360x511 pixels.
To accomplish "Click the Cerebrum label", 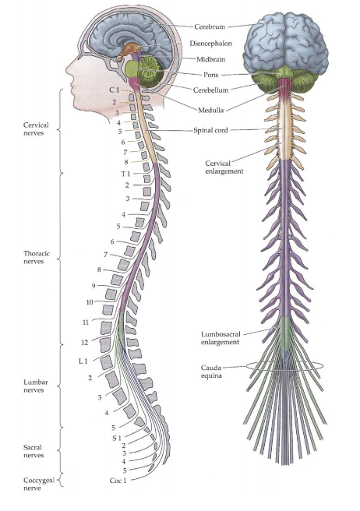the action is pyautogui.click(x=210, y=26).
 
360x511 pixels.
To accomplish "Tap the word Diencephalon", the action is pyautogui.click(x=210, y=44).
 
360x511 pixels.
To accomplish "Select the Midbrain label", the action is pyautogui.click(x=210, y=59).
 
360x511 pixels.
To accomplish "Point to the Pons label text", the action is pyautogui.click(x=211, y=75).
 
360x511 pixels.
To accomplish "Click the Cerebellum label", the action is pyautogui.click(x=210, y=90).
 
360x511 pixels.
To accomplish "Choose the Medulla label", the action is pyautogui.click(x=211, y=110).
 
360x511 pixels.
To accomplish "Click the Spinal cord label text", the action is pyautogui.click(x=210, y=130).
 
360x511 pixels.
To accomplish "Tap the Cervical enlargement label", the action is pyautogui.click(x=224, y=167).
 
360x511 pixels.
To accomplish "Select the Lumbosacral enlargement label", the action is pyautogui.click(x=221, y=338).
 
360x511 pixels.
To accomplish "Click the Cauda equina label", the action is pyautogui.click(x=211, y=372).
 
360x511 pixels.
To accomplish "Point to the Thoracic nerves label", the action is pyautogui.click(x=37, y=257).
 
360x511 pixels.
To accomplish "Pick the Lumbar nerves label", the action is pyautogui.click(x=36, y=386).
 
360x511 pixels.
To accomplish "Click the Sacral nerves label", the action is pyautogui.click(x=34, y=451).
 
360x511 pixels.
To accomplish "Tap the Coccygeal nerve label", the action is pyautogui.click(x=38, y=485).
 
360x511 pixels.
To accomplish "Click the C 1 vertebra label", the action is pyautogui.click(x=114, y=90).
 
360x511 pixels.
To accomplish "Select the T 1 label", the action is pyautogui.click(x=125, y=174).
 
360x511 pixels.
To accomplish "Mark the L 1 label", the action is pyautogui.click(x=83, y=361).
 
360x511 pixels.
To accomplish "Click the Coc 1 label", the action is pyautogui.click(x=118, y=481).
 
